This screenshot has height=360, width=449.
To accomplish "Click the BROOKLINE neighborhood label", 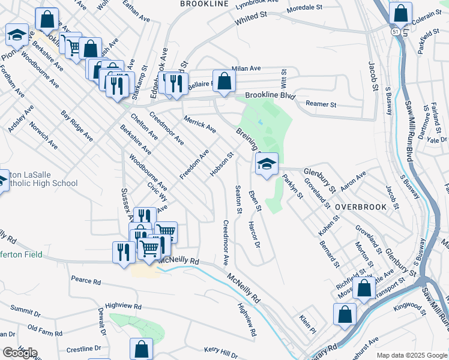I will [x=204, y=4].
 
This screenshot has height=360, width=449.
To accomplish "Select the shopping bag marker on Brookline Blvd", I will [x=223, y=82].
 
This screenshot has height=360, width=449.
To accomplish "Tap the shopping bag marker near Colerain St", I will [x=400, y=14].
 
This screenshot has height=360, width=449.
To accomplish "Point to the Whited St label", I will [x=250, y=20].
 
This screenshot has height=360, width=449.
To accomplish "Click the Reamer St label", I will [x=321, y=104].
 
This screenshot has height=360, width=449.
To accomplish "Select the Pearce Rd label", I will [x=85, y=280].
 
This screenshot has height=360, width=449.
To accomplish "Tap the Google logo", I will [x=19, y=353].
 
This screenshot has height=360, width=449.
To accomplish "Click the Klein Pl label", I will [x=307, y=323].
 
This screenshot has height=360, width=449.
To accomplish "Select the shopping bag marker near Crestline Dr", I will [x=141, y=349].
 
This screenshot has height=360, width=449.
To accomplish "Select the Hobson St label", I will [x=221, y=165].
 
